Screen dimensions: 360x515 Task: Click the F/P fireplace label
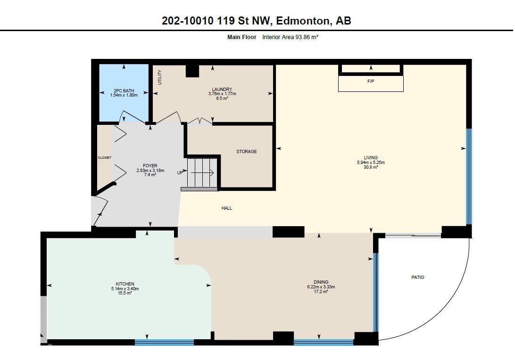(x=371, y=82)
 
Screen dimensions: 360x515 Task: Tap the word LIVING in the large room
(x=371, y=158)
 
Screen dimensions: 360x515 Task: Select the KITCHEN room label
(x=122, y=284)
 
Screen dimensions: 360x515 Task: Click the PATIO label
(x=418, y=278)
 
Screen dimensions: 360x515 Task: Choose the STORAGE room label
(x=246, y=152)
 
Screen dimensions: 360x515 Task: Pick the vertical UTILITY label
(x=160, y=77)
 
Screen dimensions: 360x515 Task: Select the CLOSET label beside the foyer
(x=104, y=158)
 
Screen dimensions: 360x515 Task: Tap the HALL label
(x=227, y=208)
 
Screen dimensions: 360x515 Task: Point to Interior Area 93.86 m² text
(x=290, y=37)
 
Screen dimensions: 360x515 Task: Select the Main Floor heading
(x=242, y=37)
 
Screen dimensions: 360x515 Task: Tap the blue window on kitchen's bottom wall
(x=164, y=343)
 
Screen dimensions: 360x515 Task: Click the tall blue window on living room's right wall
(x=469, y=177)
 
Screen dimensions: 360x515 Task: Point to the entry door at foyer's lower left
(x=100, y=211)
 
